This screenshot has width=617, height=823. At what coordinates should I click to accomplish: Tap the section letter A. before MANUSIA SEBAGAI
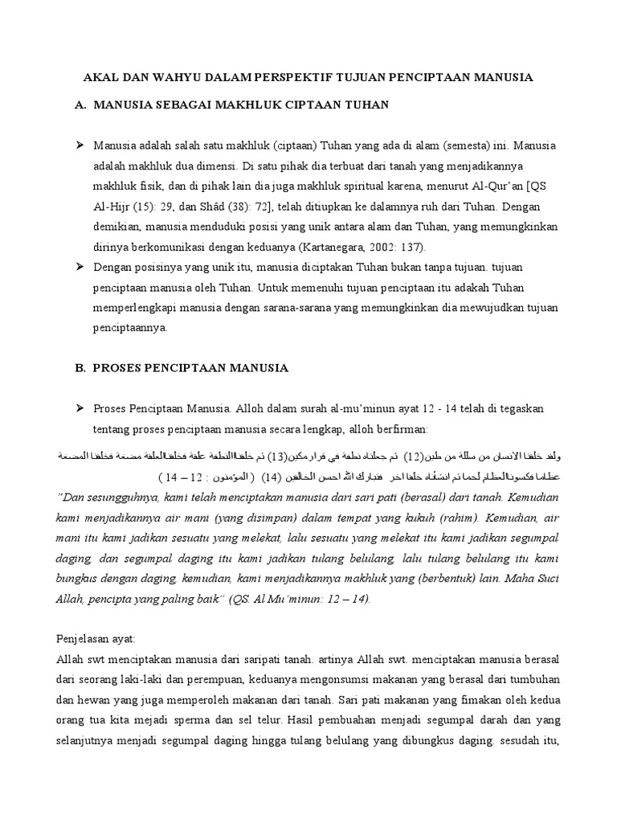80,104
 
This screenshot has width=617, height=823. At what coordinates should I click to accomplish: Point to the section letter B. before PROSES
80,368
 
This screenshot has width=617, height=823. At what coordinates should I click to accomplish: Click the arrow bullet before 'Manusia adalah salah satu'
80,147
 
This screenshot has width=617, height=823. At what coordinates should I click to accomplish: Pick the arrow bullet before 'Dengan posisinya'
80,266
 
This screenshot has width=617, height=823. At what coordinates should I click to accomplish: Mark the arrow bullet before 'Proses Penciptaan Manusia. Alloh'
80,409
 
